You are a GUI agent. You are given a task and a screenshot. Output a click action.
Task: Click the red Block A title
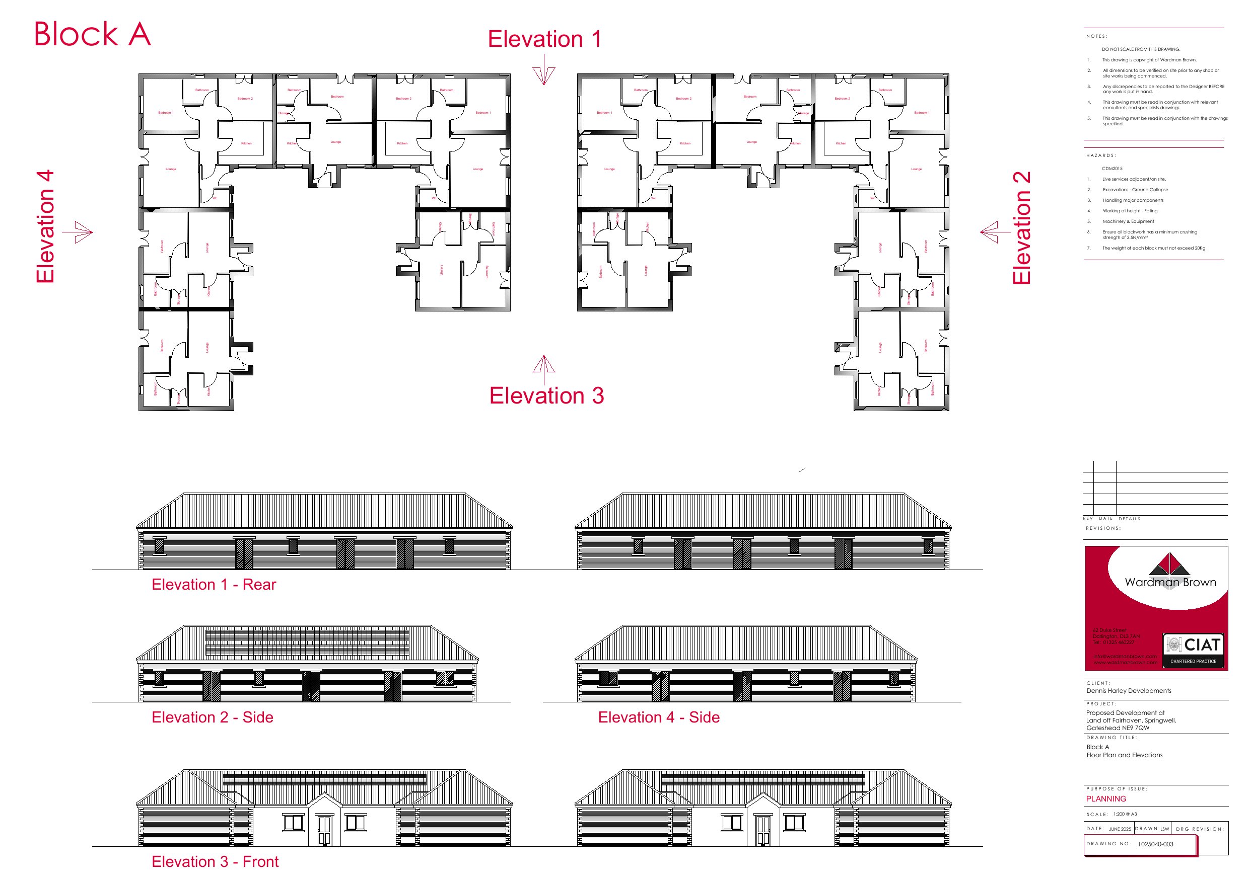[93, 34]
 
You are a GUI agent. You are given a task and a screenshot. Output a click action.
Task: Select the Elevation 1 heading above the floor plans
[544, 39]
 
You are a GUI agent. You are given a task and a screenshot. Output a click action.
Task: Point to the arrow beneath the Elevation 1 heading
[544, 75]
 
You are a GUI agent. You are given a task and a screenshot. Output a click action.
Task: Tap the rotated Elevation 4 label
[46, 226]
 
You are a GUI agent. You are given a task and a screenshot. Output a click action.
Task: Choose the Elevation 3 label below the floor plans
[546, 395]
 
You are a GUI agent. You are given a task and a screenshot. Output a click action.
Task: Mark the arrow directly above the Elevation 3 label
[544, 364]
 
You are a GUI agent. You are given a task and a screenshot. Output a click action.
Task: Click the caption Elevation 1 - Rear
[214, 584]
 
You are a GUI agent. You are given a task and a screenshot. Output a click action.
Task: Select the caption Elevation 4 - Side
[658, 717]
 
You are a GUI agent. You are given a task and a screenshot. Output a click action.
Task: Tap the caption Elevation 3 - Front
[215, 861]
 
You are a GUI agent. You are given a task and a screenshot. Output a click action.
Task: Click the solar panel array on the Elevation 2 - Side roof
[307, 642]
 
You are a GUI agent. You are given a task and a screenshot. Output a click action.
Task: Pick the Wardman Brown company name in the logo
[1170, 582]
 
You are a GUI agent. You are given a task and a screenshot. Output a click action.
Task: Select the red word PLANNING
[1106, 798]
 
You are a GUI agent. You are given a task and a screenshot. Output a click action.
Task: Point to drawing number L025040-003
[1155, 844]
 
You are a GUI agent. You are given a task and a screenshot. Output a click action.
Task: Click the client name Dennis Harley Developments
[1129, 691]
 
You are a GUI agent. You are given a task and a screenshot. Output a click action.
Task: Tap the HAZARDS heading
[1101, 155]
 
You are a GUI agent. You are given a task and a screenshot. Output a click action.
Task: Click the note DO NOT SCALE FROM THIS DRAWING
[1141, 49]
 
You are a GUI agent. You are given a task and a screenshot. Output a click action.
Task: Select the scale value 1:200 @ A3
[1125, 815]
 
